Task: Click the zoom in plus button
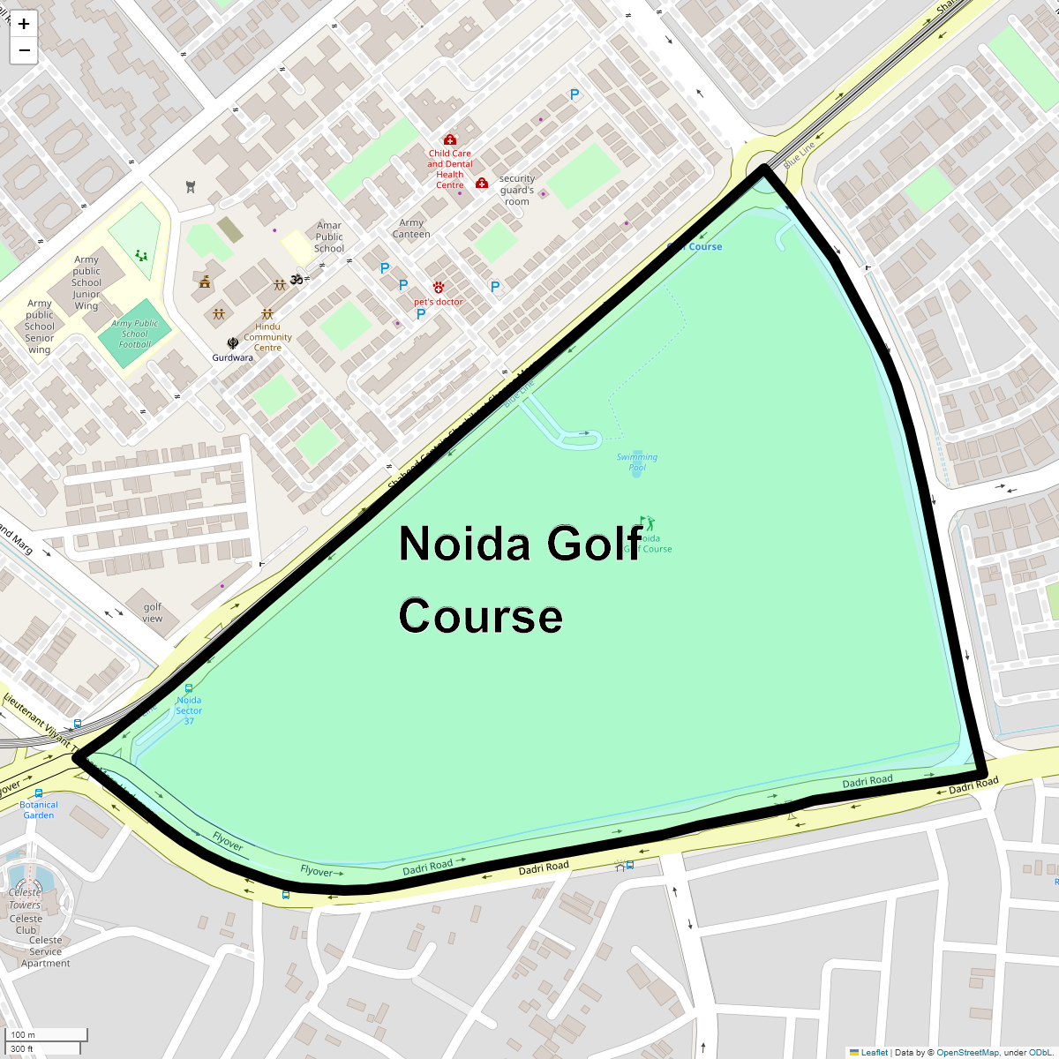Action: [x=24, y=24]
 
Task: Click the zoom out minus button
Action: [x=24, y=50]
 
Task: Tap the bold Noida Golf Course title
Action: [x=521, y=579]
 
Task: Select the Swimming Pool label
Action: [x=637, y=462]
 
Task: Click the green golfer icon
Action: [x=650, y=523]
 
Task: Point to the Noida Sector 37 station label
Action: [x=189, y=710]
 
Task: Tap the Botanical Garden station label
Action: [x=39, y=809]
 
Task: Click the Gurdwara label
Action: [x=232, y=357]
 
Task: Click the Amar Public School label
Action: [x=329, y=237]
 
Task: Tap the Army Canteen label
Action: [x=411, y=229]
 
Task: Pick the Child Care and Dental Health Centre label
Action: [x=450, y=169]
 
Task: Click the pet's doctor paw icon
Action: [x=439, y=288]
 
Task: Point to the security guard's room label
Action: [x=517, y=190]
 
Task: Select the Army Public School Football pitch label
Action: [x=135, y=334]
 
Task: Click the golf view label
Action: [x=153, y=612]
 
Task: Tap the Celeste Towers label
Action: [x=25, y=898]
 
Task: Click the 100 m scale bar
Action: [x=49, y=1034]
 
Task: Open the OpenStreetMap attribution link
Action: [x=967, y=1052]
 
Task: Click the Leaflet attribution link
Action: [x=874, y=1052]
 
